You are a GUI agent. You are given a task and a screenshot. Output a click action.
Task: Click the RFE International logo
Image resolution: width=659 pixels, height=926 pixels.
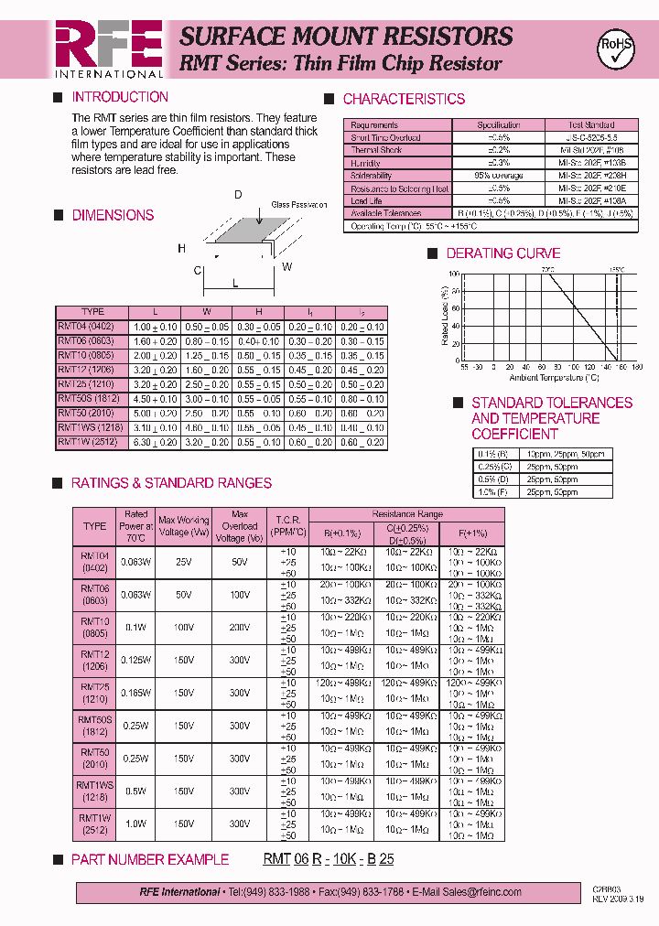[x=109, y=48]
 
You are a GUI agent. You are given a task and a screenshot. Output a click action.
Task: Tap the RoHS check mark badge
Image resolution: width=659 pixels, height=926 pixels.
[x=614, y=48]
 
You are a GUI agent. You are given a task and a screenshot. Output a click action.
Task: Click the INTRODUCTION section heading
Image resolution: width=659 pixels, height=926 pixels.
[x=120, y=97]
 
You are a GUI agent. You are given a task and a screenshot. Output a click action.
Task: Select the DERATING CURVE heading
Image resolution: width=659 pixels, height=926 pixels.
[x=502, y=253]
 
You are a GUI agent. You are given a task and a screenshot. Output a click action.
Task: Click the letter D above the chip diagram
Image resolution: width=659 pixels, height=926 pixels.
[x=238, y=195]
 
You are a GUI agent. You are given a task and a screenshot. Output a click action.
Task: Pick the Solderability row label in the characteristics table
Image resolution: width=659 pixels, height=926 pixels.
[x=372, y=176]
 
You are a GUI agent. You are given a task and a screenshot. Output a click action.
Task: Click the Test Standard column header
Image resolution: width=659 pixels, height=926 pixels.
[x=590, y=124]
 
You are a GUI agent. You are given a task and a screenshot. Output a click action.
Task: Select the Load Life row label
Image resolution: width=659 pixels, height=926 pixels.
[x=366, y=200]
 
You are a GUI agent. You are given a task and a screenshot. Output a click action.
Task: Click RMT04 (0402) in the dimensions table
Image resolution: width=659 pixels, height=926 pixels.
[x=86, y=327]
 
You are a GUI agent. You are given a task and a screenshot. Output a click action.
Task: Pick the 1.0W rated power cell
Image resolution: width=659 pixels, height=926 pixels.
[x=136, y=824]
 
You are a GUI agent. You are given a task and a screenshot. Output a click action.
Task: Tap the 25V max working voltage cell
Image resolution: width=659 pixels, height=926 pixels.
[x=183, y=562]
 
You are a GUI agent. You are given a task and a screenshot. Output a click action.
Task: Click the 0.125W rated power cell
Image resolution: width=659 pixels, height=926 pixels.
[x=136, y=660]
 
